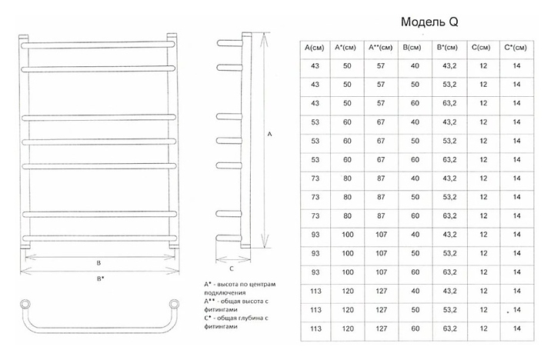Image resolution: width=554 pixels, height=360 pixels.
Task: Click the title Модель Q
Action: [430, 22]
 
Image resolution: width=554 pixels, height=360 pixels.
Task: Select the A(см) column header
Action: [313, 48]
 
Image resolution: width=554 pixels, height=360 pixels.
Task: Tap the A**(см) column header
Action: [381, 48]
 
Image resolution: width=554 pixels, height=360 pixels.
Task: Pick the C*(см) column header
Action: [515, 48]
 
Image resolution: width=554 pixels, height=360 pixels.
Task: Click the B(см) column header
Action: [414, 48]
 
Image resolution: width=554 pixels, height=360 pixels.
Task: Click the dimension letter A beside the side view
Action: [269, 133]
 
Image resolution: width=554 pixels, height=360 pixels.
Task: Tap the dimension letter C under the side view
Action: [232, 268]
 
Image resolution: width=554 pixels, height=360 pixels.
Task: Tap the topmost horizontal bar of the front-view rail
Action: [97, 45]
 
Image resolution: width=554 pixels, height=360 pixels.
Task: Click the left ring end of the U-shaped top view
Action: [25, 302]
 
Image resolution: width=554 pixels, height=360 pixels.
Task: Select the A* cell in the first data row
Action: [347, 66]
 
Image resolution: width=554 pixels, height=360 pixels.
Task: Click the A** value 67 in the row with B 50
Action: [381, 141]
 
